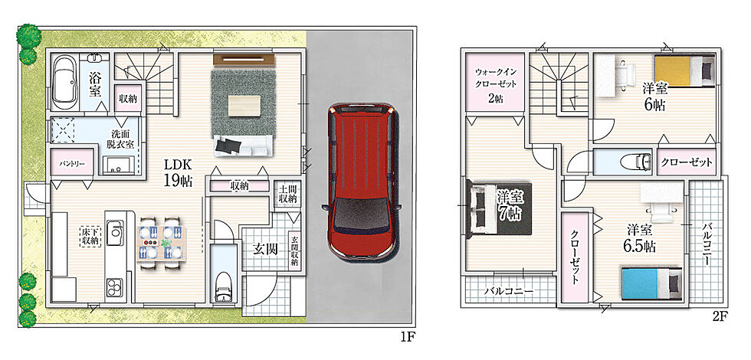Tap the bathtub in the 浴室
[x=64, y=83]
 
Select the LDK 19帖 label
[x=178, y=173]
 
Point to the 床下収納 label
[x=90, y=236]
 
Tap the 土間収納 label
[x=287, y=193]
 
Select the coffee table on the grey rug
[x=244, y=106]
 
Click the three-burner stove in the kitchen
[x=114, y=288]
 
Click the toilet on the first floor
[x=224, y=286]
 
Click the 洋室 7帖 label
[x=509, y=205]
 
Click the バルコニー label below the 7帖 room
[x=509, y=290]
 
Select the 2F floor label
[x=723, y=316]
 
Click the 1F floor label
[x=406, y=338]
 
